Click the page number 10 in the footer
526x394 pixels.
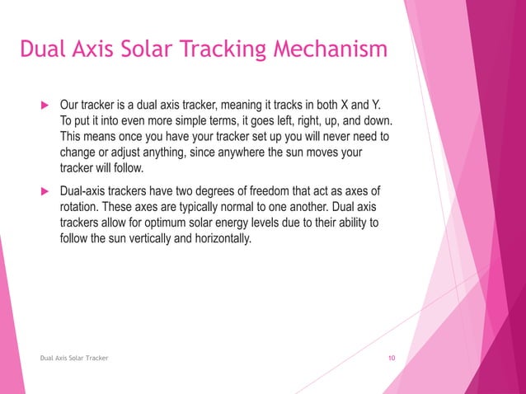coord(392,358)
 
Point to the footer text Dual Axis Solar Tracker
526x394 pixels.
coord(74,358)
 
